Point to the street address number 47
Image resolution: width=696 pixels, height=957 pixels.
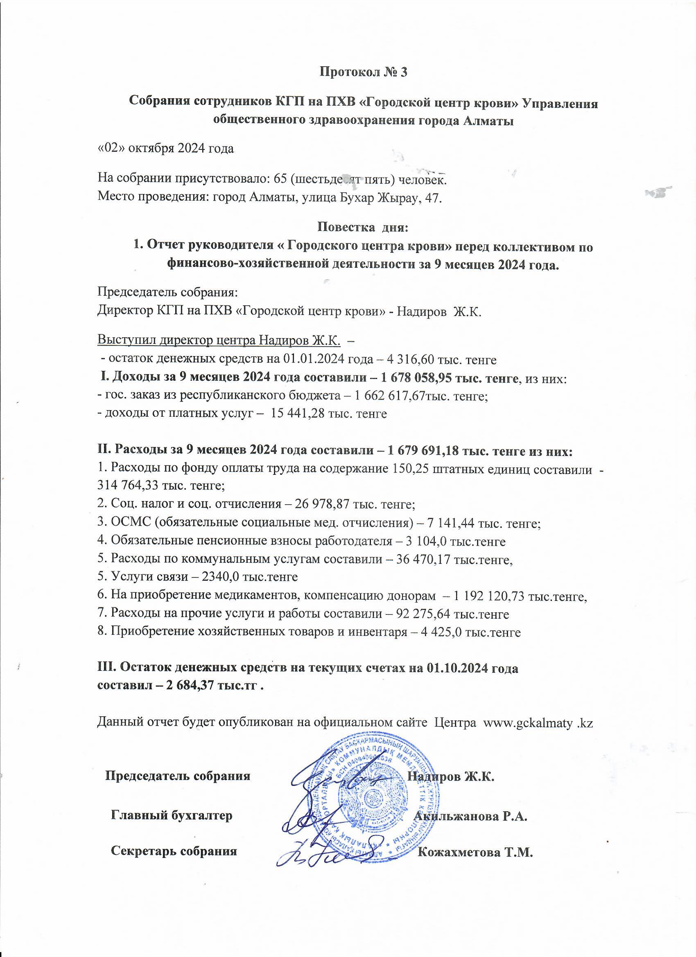(433, 197)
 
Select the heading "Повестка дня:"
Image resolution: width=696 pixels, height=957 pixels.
(363, 228)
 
